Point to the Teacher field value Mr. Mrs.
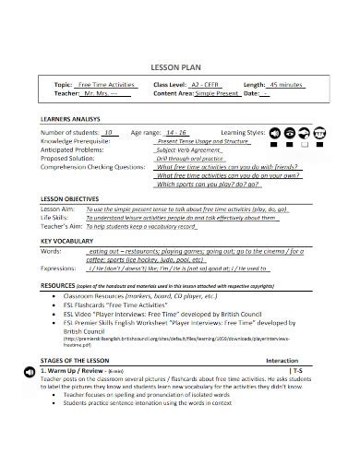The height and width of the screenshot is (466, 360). pos(102,93)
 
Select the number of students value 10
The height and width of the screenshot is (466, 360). pos(109,132)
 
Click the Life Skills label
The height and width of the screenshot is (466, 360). pos(54,218)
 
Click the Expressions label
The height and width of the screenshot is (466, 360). pos(58,267)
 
